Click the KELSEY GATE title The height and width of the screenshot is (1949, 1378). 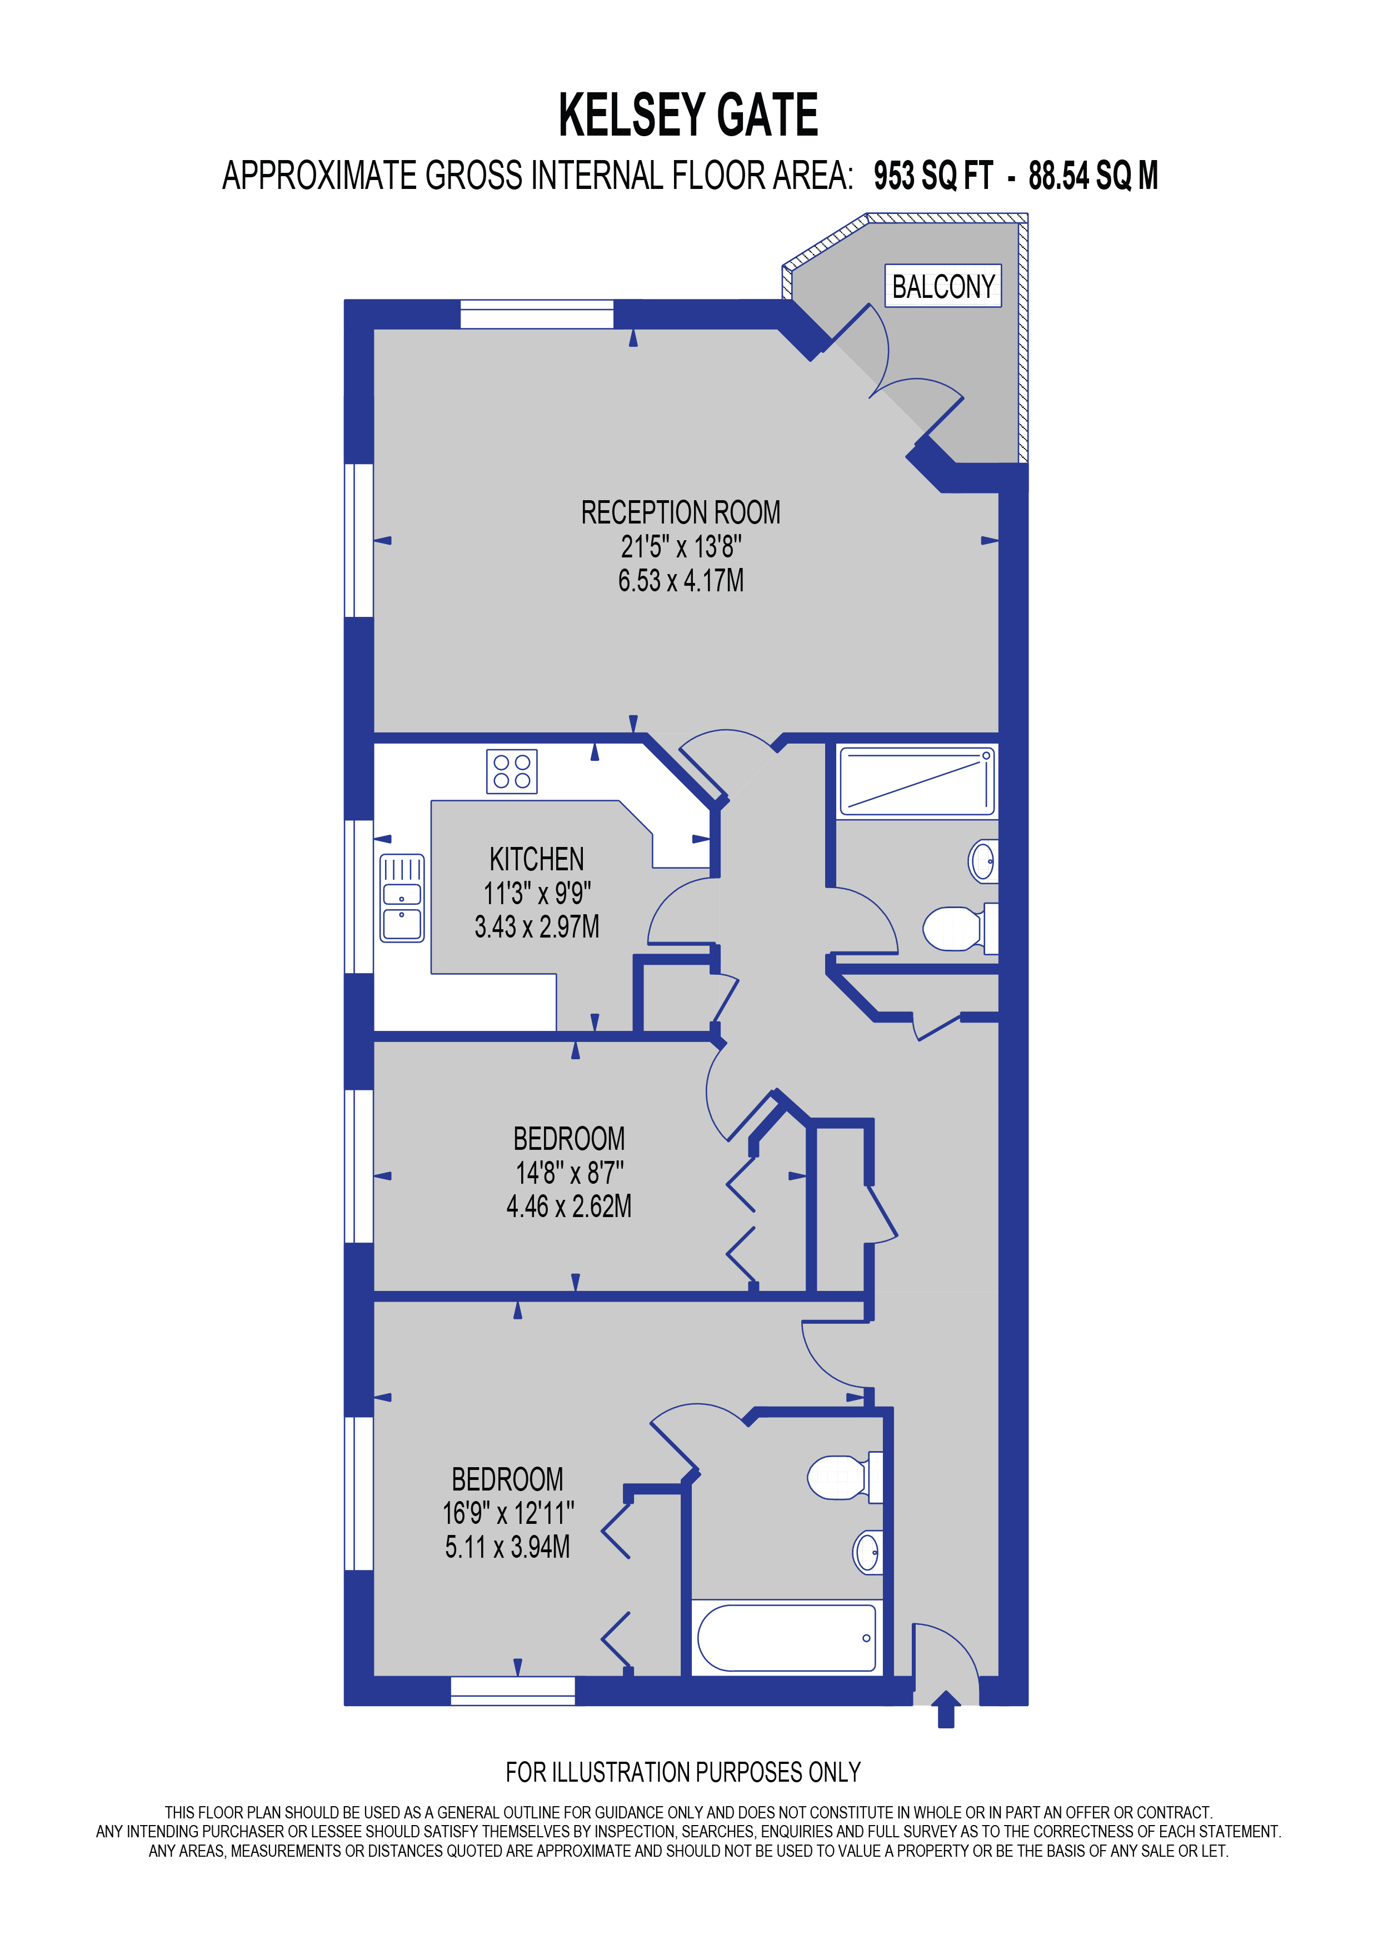(688, 116)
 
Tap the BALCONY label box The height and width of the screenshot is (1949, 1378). (943, 286)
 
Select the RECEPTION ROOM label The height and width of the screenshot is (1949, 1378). (681, 513)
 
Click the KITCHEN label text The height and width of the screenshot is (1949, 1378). (536, 859)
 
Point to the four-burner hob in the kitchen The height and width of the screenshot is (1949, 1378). (512, 771)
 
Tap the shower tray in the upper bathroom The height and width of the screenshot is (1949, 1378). (916, 781)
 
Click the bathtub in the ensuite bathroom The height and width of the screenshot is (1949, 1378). (786, 1637)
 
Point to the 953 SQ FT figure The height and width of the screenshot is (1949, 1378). (932, 176)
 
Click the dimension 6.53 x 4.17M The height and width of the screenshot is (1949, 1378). (681, 581)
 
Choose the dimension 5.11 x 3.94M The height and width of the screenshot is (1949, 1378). (507, 1547)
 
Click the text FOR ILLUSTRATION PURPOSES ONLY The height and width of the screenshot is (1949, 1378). (683, 1772)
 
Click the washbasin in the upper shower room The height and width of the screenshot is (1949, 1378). (982, 861)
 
